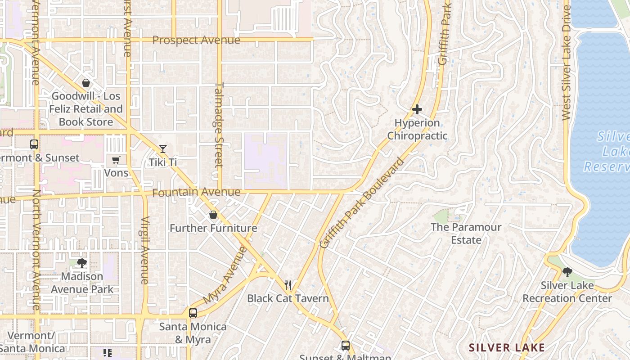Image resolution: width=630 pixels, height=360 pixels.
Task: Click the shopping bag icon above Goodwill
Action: tap(85, 83)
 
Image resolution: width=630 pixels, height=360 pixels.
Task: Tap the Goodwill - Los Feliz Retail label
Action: tap(85, 109)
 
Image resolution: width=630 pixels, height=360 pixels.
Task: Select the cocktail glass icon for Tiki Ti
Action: tap(163, 149)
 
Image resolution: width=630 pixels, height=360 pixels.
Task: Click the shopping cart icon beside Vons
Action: tap(116, 160)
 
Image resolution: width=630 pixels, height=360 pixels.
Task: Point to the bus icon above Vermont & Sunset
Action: tap(34, 144)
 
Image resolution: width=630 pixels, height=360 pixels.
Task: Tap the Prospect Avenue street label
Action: tap(196, 40)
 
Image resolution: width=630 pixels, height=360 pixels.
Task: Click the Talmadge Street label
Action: tap(219, 125)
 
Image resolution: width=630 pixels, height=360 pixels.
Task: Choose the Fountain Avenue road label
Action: tap(196, 193)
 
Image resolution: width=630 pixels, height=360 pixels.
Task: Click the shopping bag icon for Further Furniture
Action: tap(213, 215)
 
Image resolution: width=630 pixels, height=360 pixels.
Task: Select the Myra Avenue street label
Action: tap(225, 275)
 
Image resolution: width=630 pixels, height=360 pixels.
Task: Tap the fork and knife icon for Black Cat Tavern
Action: tap(288, 285)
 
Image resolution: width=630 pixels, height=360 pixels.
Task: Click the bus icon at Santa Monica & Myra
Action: tap(193, 313)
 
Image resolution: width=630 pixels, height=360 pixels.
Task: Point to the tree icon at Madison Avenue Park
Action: tap(81, 263)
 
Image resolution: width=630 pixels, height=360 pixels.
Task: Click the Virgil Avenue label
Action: tap(145, 250)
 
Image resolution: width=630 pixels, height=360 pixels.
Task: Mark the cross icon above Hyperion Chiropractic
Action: tap(417, 109)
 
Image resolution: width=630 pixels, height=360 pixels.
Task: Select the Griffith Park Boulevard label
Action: tap(362, 202)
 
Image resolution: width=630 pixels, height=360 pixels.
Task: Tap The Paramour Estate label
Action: tap(466, 233)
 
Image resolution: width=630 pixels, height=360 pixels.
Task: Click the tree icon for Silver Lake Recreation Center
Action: tap(567, 272)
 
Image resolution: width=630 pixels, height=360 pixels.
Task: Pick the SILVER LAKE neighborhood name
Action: tap(507, 347)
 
